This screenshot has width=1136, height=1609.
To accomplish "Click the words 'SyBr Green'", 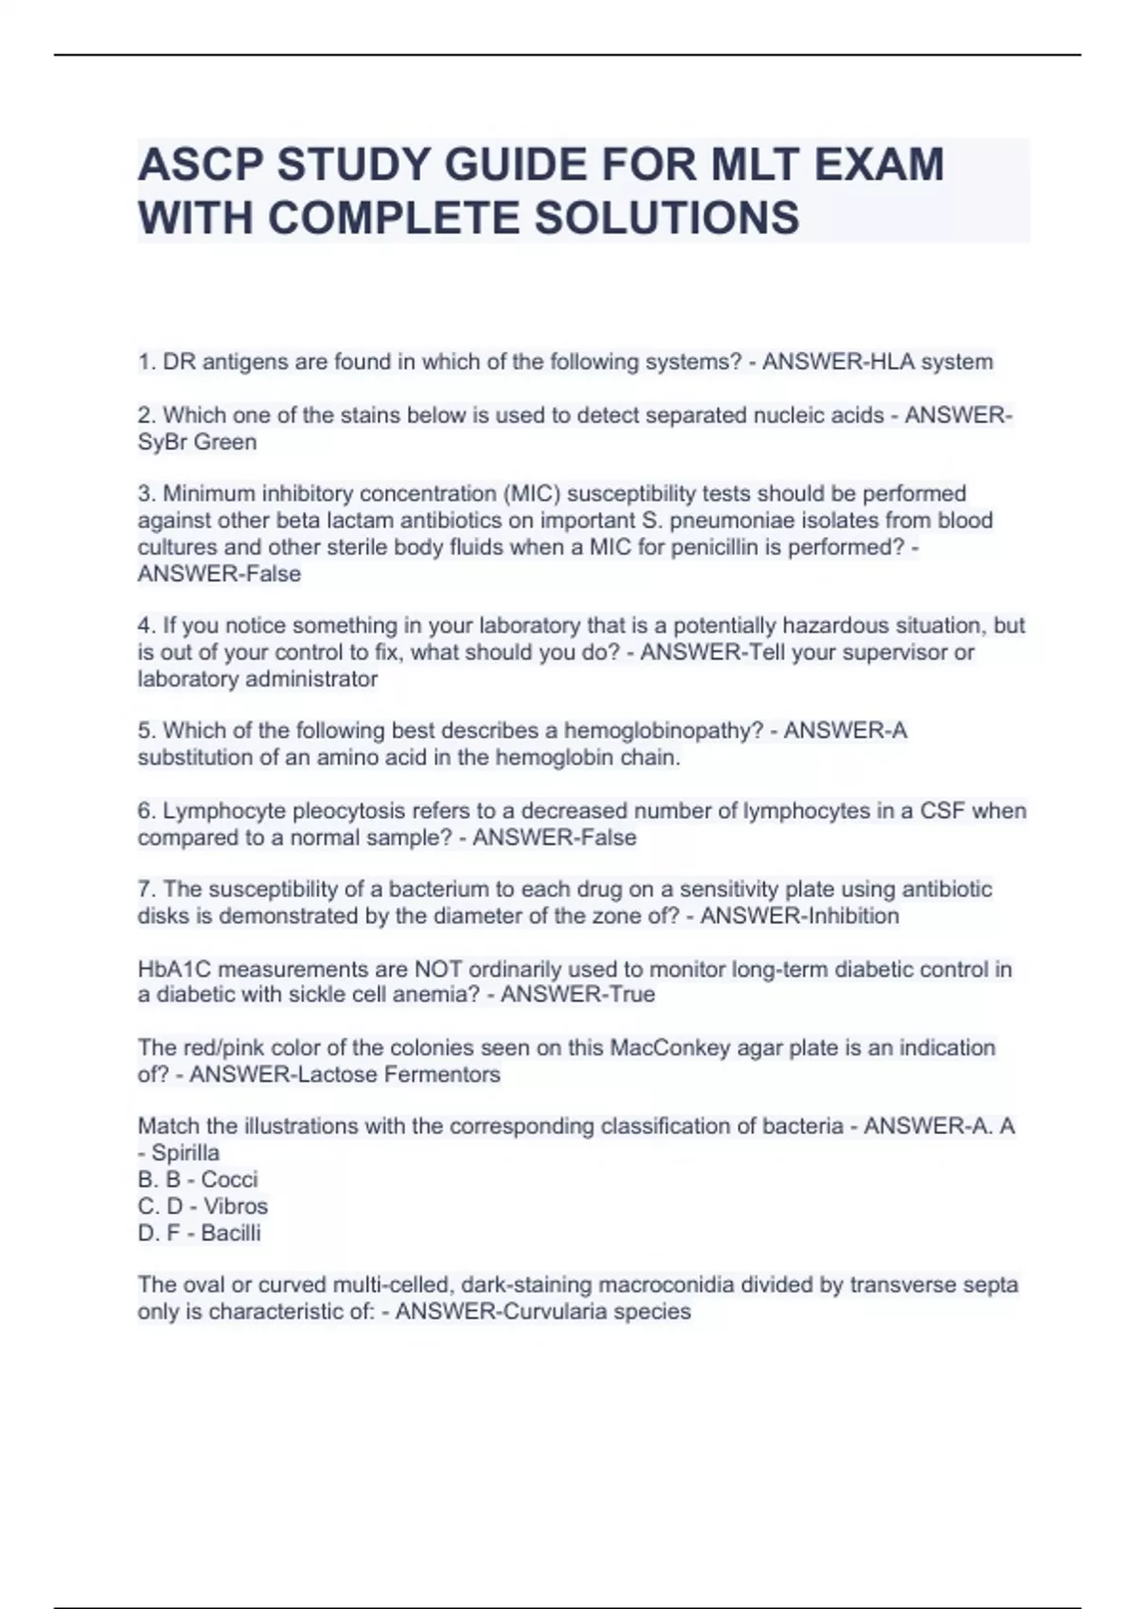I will tap(197, 442).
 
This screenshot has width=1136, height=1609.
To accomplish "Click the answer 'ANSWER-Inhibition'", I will tap(800, 916).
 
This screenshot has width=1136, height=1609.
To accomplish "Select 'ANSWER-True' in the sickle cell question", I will tap(577, 995).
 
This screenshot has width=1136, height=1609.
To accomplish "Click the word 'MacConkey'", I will tap(668, 1048).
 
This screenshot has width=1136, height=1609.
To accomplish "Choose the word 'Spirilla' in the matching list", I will tap(186, 1153).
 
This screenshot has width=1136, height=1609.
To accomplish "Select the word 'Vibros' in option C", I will tap(236, 1206).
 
